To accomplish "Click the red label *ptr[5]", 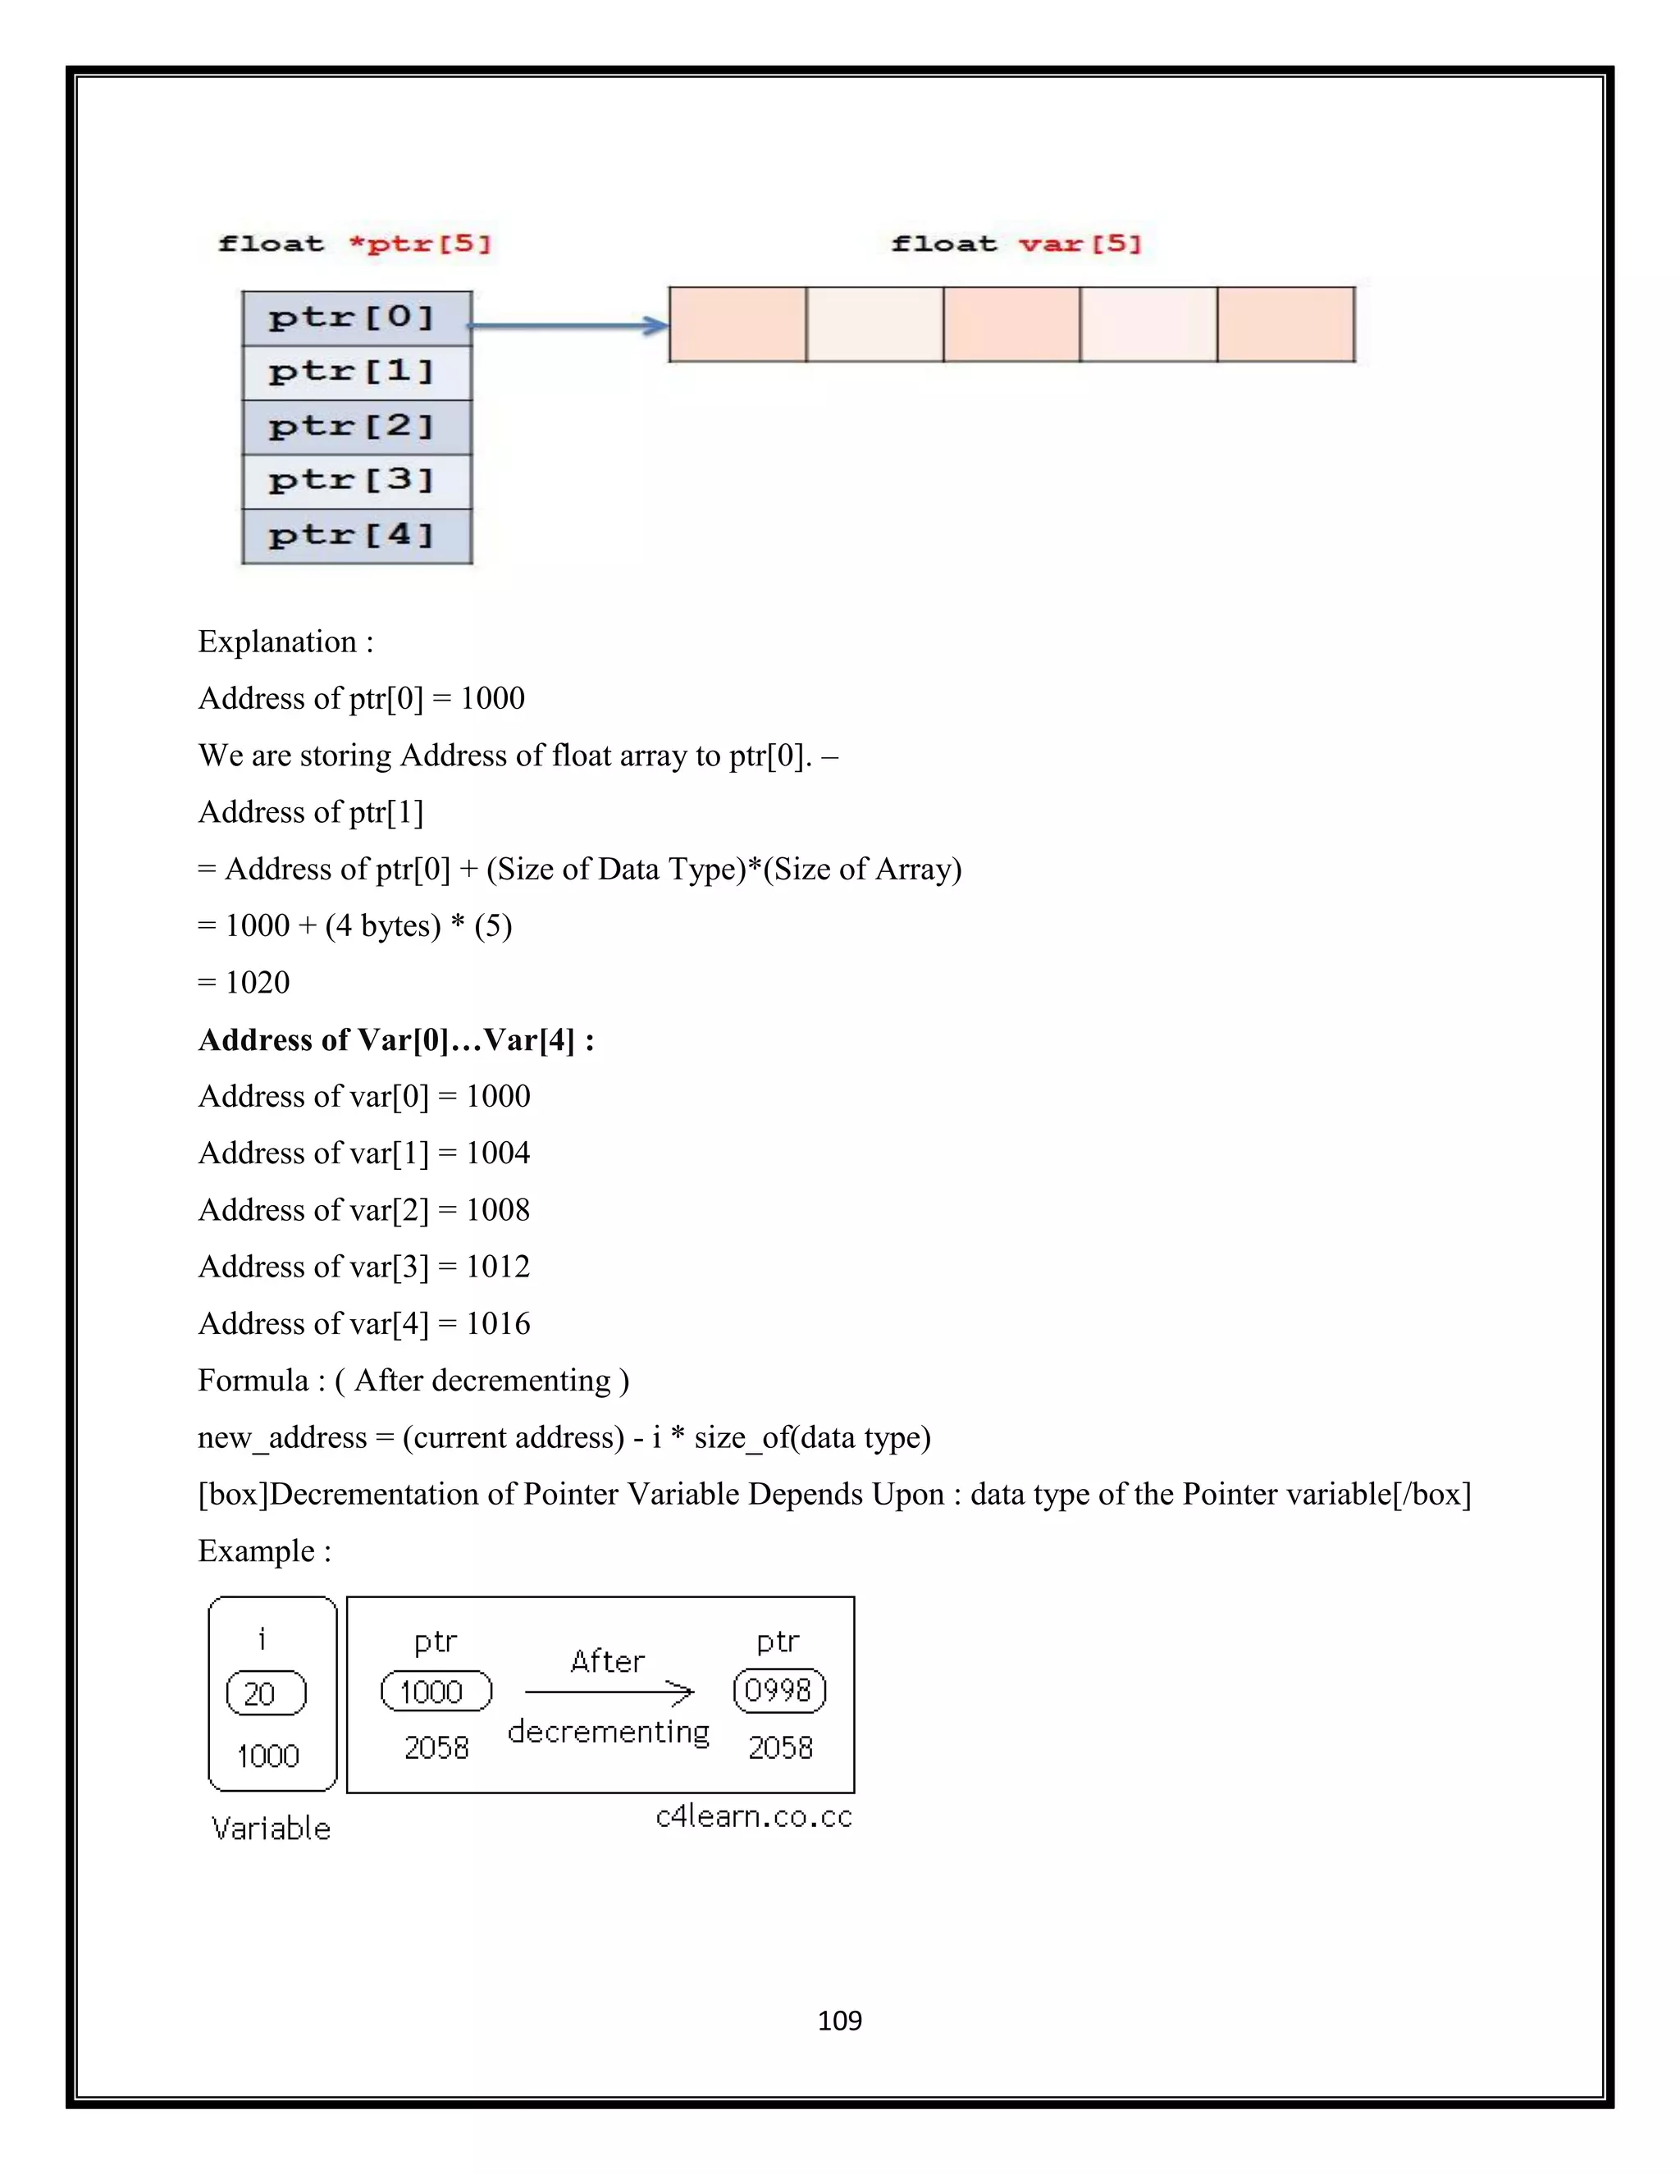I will point(420,244).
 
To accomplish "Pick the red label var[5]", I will point(1080,244).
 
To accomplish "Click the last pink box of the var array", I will point(1286,325).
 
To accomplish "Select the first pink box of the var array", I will point(737,325).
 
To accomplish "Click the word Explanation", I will point(276,642).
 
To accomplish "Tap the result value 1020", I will point(257,983).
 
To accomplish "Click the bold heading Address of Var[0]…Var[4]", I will point(396,1040).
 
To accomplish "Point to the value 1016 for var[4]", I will point(498,1324).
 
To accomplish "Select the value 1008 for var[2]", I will point(498,1210).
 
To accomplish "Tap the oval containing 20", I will point(266,1693).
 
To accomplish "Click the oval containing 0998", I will point(779,1690).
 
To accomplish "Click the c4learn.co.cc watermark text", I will point(753,1818).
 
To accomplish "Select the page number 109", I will point(839,2021).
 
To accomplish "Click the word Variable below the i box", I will point(271,1829).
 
